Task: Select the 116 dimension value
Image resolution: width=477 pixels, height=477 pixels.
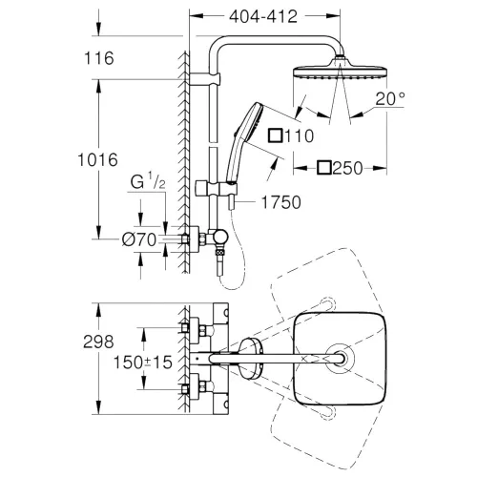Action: click(98, 58)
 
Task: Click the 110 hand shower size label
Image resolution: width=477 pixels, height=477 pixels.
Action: click(295, 135)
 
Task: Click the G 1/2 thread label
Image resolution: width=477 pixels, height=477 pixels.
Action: click(149, 179)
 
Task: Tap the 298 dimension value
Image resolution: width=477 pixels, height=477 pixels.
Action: click(98, 341)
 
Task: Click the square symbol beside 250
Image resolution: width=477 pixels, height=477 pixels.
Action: click(323, 168)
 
